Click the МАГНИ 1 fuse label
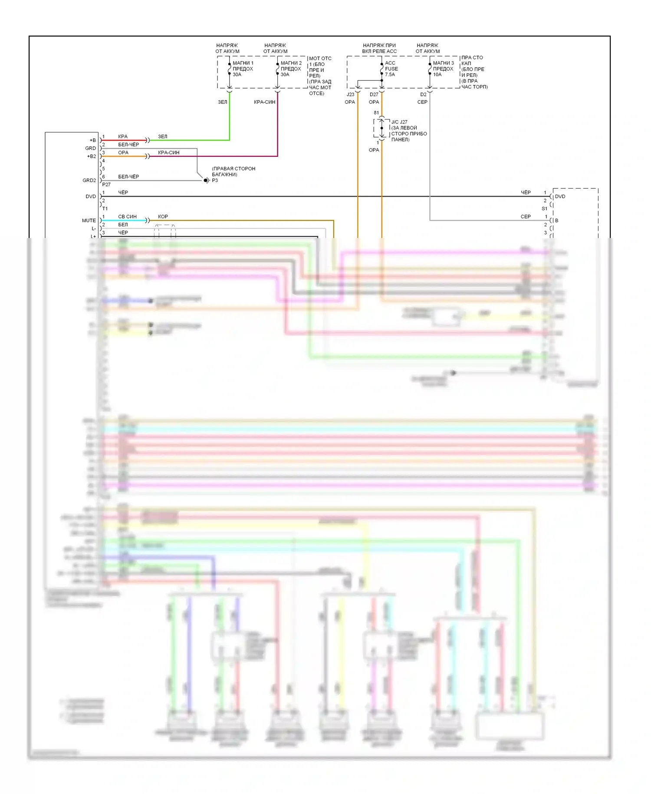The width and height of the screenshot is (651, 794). (243, 69)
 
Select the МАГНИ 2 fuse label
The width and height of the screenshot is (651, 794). (291, 69)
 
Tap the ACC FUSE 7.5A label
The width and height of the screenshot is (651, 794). (391, 69)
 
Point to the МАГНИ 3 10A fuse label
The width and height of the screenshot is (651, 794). (443, 69)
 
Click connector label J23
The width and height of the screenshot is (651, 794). (350, 94)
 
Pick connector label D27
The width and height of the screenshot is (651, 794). (374, 94)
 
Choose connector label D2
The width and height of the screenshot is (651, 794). (423, 94)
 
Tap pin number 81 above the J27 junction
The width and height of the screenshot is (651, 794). (376, 113)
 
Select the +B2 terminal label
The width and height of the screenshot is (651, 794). (92, 156)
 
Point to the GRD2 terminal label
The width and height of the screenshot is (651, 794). (89, 180)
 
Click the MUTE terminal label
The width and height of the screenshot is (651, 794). (89, 221)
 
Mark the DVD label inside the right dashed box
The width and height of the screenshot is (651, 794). (560, 196)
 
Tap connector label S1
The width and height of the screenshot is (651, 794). (544, 208)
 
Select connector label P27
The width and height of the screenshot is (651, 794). (106, 185)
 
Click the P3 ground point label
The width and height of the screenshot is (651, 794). (215, 180)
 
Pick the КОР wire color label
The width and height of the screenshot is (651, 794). (163, 216)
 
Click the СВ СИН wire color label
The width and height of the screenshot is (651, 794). (127, 216)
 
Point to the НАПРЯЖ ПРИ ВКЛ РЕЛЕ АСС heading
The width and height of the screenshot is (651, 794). (379, 48)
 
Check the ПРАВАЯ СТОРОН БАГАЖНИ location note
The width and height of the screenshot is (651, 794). (233, 171)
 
